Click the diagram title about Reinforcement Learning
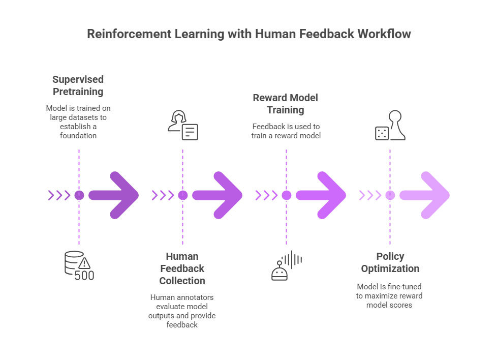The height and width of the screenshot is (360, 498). click(x=249, y=34)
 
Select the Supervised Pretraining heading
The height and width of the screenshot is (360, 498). click(x=78, y=85)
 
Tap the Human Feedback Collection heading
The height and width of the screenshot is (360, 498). click(x=182, y=268)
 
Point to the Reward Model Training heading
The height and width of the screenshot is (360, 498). click(x=286, y=104)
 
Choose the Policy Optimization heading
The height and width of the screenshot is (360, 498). click(x=390, y=262)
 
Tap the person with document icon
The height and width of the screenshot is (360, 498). click(x=182, y=125)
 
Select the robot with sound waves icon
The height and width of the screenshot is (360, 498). click(x=286, y=265)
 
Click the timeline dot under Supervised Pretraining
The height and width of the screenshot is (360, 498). click(x=79, y=195)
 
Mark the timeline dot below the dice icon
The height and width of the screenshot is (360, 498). click(x=390, y=195)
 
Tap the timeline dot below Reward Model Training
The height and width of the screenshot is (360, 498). click(x=286, y=195)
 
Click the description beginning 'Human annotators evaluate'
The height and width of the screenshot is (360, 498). click(x=182, y=311)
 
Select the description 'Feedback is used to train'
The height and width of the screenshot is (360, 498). click(x=286, y=131)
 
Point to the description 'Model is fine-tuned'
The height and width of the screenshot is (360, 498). click(x=390, y=295)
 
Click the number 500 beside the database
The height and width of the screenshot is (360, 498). click(x=84, y=276)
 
